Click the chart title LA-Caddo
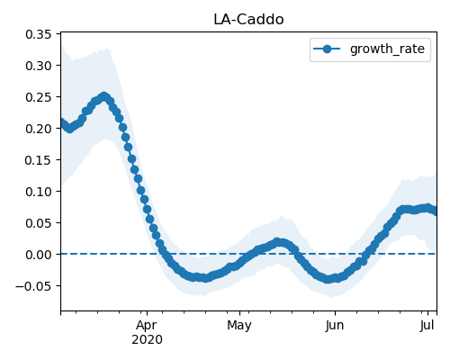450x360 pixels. coord(248,20)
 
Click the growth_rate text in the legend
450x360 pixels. coord(387,49)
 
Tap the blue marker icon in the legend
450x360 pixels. coord(327,49)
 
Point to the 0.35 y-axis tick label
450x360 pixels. coord(39,34)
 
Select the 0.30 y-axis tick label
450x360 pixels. coord(39,66)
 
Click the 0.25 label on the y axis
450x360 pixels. coord(39,97)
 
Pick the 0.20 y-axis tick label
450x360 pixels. coord(39,129)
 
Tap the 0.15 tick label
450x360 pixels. coord(39,160)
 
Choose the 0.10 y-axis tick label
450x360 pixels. coord(39,192)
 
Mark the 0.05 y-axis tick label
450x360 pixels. coord(39,223)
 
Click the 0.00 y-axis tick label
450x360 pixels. coord(39,255)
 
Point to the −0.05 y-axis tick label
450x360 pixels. coord(33,286)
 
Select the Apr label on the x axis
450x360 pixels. coord(147,326)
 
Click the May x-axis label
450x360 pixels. coord(239,326)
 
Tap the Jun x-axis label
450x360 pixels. coord(335,325)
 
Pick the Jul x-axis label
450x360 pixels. coord(427,325)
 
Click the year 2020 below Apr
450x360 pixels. coord(147,339)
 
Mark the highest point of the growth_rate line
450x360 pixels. coord(104,96)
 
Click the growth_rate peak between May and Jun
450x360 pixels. coord(278,242)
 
